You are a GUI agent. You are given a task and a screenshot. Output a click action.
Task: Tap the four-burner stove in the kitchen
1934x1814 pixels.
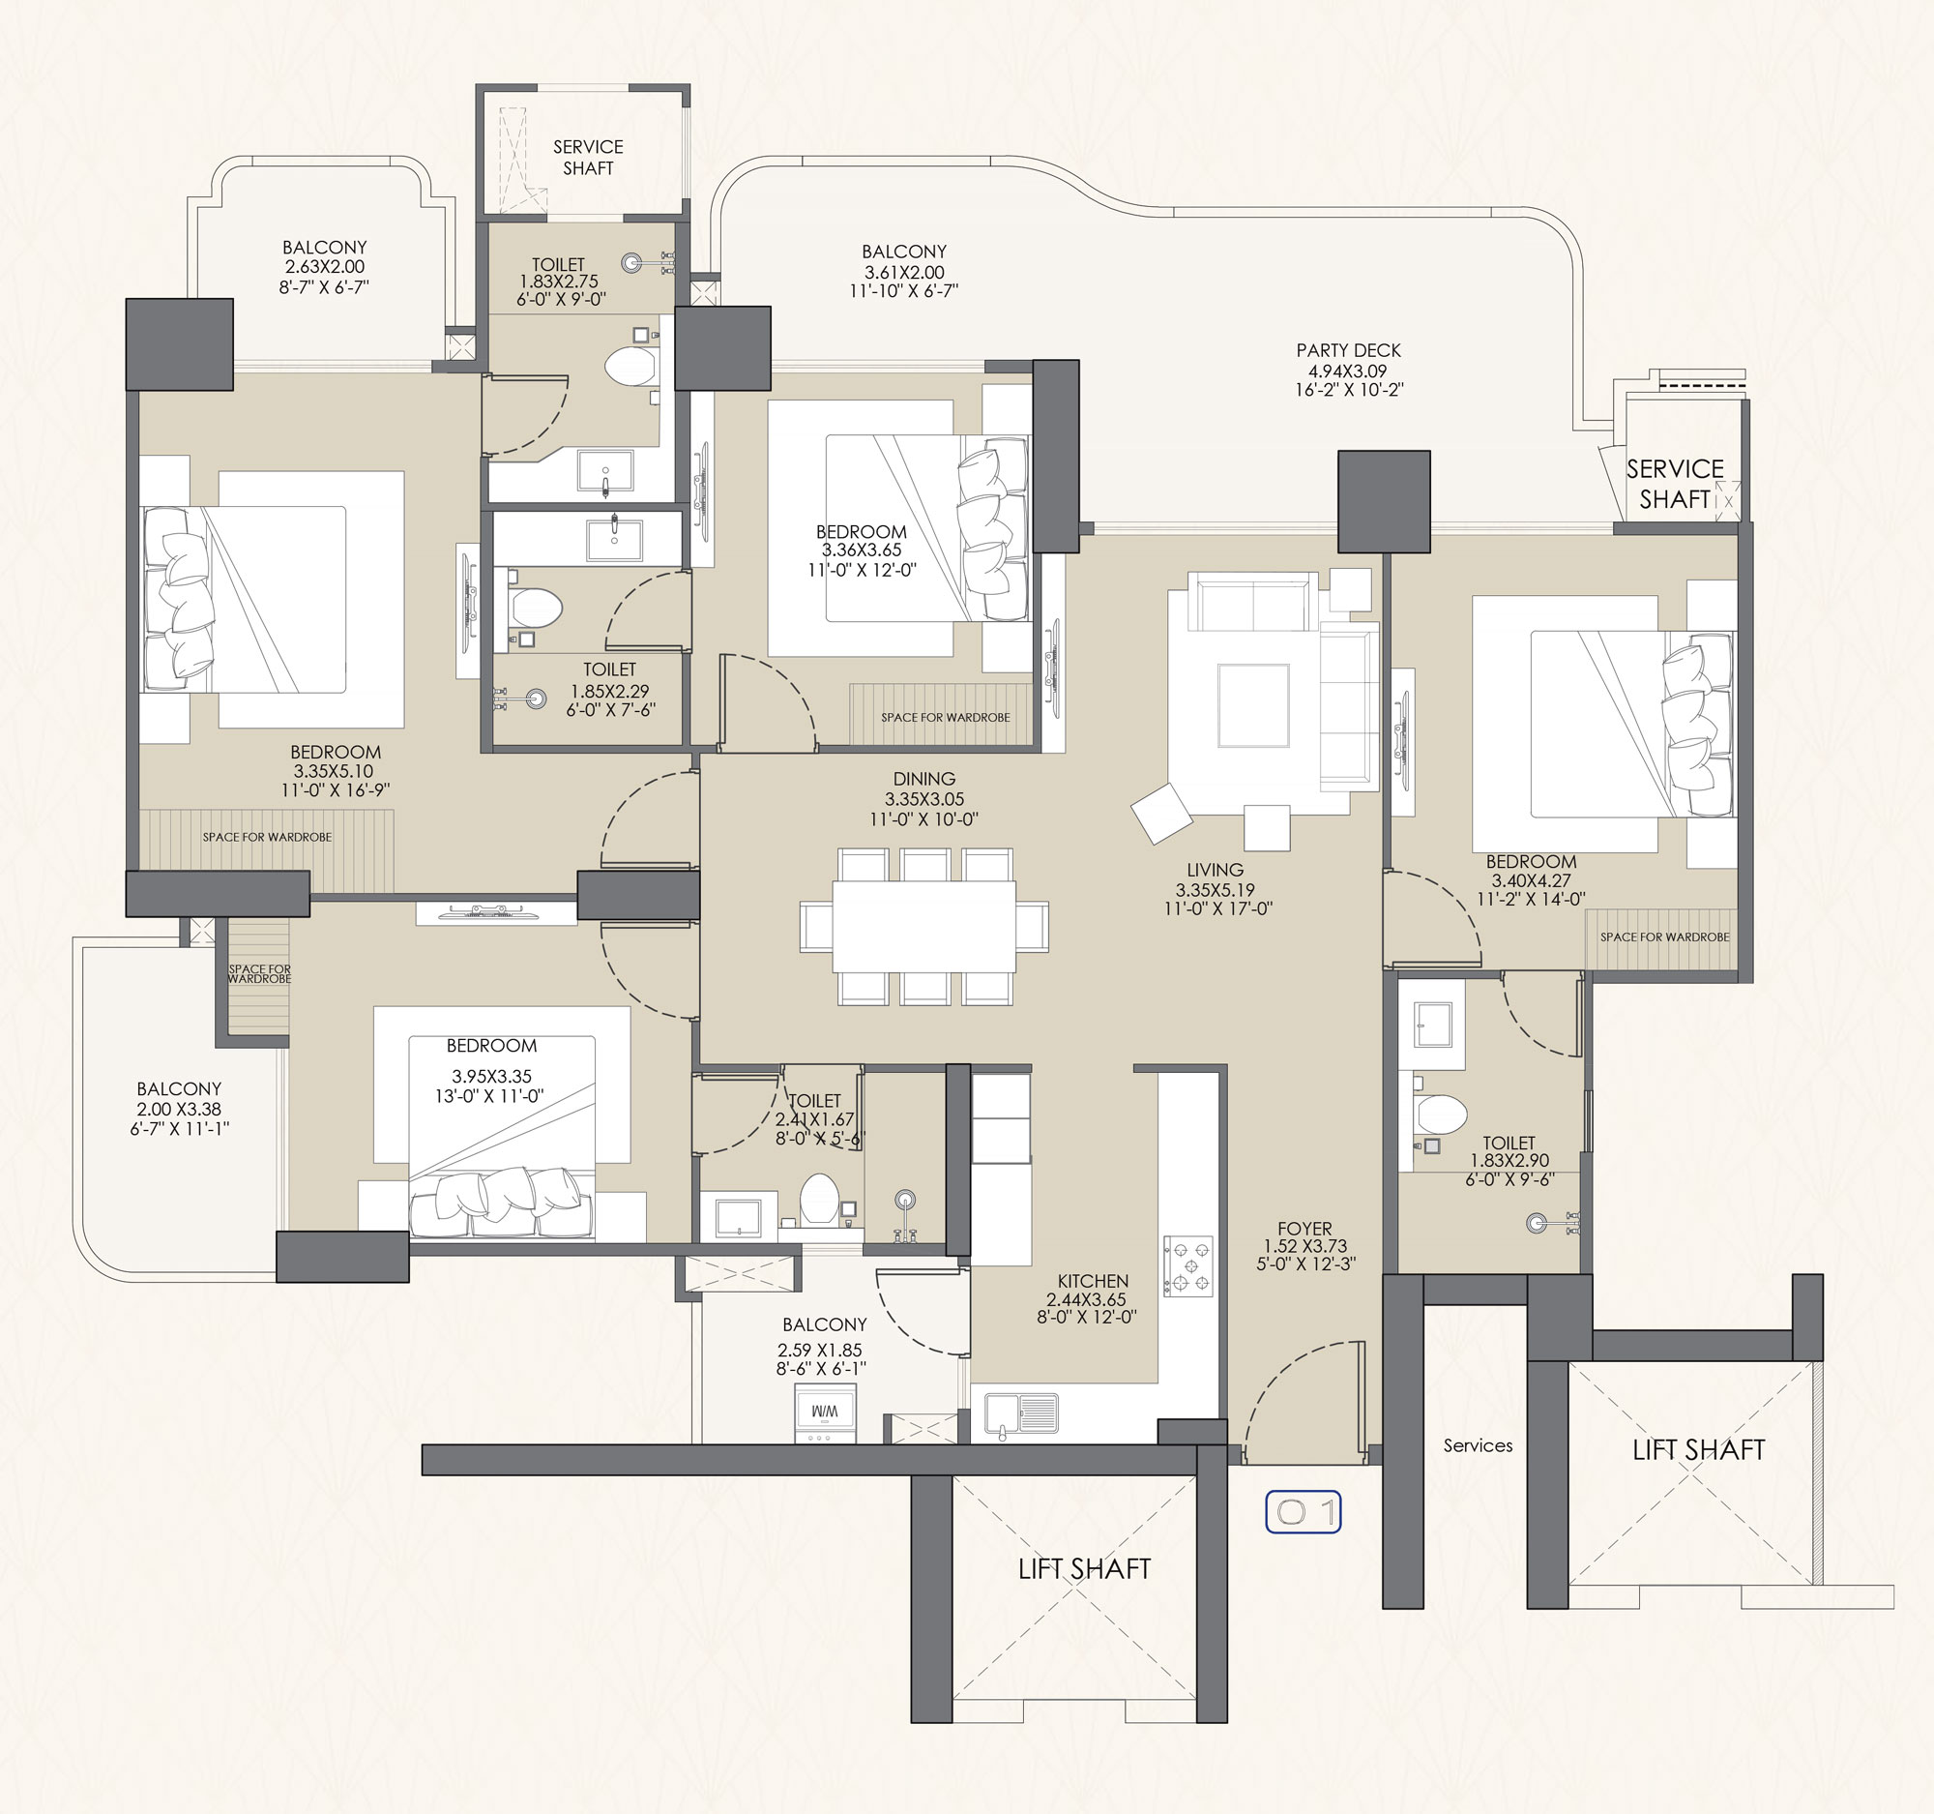coord(1187,1266)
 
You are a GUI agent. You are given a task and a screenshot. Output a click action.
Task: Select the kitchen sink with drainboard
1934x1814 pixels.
coord(1020,1414)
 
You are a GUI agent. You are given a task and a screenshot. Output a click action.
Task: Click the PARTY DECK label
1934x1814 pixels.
coord(1348,350)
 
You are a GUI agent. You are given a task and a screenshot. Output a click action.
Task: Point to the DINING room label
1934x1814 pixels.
coord(924,779)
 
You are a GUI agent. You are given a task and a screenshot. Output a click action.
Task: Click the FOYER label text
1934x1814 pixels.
coord(1304,1228)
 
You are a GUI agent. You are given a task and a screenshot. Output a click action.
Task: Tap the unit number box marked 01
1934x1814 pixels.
coord(1303,1511)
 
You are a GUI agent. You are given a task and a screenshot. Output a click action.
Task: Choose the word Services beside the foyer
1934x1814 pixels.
coord(1478,1445)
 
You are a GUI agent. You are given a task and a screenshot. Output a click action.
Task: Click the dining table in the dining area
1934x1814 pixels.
coord(924,926)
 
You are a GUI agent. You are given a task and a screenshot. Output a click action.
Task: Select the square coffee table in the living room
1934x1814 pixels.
coord(1253,705)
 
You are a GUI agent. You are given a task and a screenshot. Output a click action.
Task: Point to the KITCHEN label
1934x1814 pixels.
coord(1094,1281)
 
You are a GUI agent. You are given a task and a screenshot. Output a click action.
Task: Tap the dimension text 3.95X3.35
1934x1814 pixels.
coord(491,1077)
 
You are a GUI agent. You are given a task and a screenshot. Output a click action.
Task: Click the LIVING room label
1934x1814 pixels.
coord(1216,870)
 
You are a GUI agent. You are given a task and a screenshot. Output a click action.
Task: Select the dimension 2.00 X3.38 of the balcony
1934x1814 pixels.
coord(179,1109)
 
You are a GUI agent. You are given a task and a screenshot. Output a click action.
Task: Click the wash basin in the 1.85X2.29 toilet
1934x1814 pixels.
coord(614,540)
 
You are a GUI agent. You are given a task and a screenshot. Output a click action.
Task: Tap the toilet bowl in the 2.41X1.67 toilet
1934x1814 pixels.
coord(819,1198)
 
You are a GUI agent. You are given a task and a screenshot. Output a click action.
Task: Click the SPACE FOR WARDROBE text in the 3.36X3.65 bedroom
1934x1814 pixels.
coord(946,717)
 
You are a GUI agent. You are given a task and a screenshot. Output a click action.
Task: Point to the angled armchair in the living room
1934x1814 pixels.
coord(1161,813)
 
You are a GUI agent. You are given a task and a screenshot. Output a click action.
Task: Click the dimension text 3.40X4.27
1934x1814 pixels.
coord(1532,880)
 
